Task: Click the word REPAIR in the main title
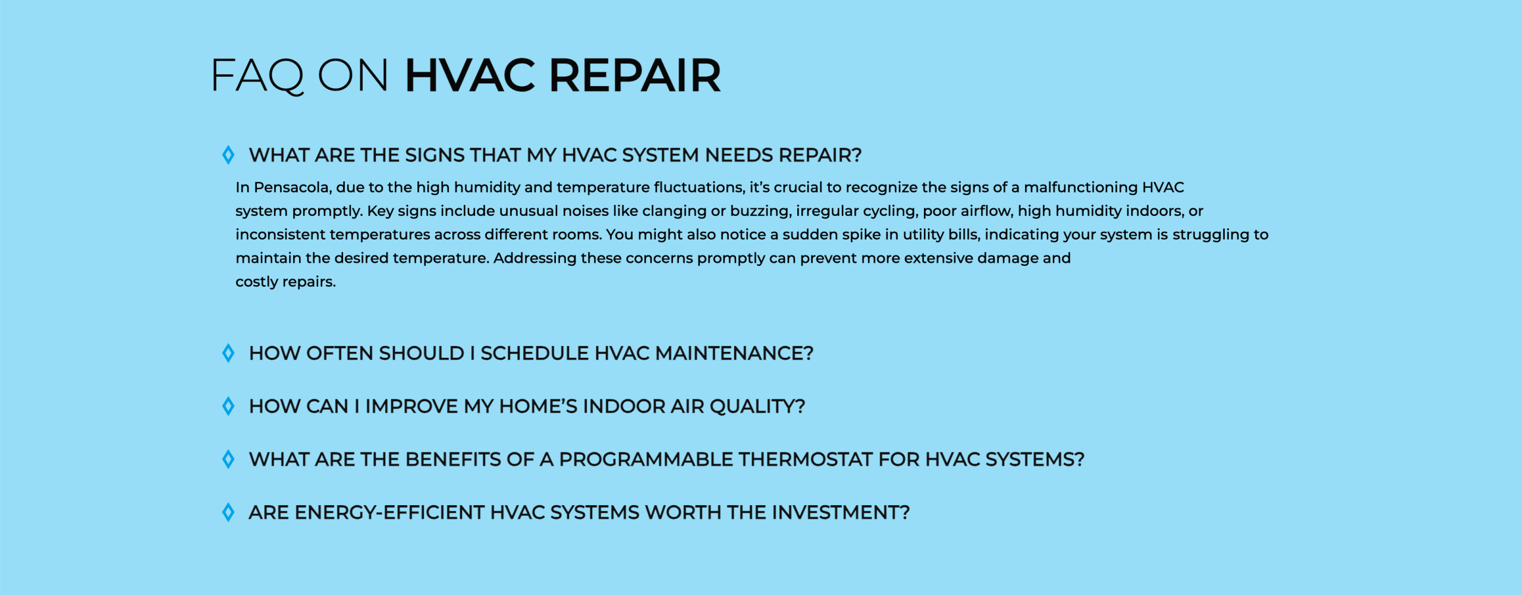(x=634, y=75)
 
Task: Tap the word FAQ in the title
(x=258, y=76)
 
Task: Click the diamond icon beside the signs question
(x=228, y=155)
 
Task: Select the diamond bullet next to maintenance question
(x=228, y=353)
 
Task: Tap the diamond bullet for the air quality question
(x=228, y=407)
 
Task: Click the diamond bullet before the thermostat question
(x=228, y=459)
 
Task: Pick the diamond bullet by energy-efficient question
(x=228, y=512)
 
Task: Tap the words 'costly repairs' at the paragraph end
(x=285, y=282)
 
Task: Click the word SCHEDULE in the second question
(x=535, y=354)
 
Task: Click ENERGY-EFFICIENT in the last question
(x=389, y=512)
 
